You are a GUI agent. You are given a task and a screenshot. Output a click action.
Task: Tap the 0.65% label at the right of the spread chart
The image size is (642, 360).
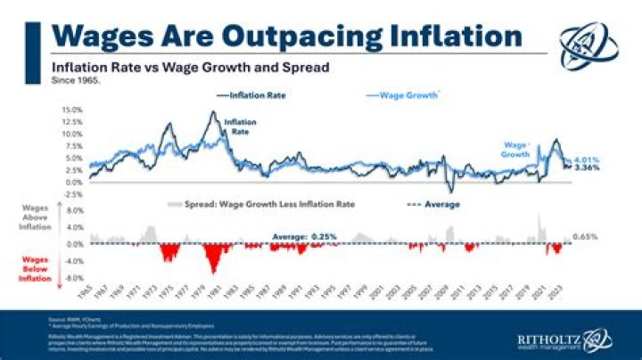[x=584, y=237]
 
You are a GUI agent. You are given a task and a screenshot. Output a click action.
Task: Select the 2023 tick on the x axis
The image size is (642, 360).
[x=556, y=292]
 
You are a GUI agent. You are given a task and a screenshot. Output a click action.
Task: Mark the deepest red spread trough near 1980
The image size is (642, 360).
[x=212, y=270]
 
